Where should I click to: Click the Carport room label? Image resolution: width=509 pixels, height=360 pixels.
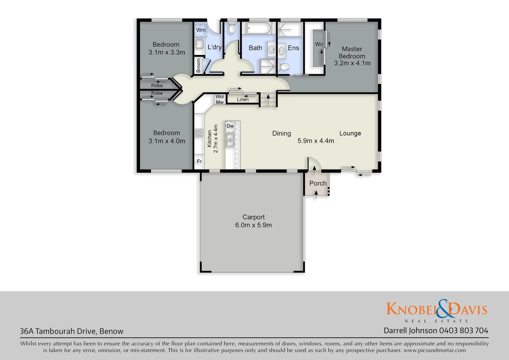point(254,217)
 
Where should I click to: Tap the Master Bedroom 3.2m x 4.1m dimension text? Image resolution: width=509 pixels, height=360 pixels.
point(352,63)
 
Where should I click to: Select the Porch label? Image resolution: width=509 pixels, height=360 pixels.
point(318,183)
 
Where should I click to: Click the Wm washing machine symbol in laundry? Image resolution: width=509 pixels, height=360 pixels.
point(201,30)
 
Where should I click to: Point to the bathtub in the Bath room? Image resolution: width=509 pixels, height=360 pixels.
point(258,28)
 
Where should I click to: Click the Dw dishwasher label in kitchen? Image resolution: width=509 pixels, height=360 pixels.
point(230,126)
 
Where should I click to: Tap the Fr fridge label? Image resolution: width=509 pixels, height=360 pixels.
point(199,161)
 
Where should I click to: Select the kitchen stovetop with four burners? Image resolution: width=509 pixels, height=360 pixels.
point(199,133)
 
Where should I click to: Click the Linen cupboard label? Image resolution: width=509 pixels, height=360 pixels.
point(243,99)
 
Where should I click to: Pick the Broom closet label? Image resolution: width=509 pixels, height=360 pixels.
point(199,65)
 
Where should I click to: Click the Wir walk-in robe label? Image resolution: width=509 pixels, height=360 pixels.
point(319,44)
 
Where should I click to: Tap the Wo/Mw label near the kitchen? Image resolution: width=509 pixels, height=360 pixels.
point(220,99)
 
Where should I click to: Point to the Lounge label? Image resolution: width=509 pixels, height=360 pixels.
point(350,133)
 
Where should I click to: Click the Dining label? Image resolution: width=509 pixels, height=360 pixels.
point(281,133)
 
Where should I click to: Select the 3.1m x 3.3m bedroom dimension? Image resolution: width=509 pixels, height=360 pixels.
point(167,52)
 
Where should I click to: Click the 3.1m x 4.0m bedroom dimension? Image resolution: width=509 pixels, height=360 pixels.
point(167,141)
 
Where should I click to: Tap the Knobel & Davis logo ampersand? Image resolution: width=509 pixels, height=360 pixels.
point(443,309)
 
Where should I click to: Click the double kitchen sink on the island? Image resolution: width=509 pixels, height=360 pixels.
point(230,140)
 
